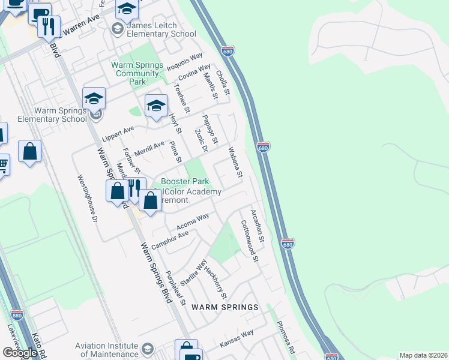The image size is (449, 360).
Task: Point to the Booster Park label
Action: click(x=184, y=181)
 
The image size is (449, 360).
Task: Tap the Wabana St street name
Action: click(x=235, y=162)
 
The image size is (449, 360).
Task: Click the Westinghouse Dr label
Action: click(x=87, y=199)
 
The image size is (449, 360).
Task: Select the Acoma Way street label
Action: click(x=193, y=222)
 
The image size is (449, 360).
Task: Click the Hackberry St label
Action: click(x=215, y=282)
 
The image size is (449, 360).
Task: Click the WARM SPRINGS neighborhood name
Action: click(x=224, y=307)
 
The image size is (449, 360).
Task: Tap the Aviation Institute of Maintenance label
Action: click(x=106, y=350)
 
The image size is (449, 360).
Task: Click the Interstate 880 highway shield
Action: click(x=17, y=314)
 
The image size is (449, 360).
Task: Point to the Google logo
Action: click(x=20, y=353)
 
